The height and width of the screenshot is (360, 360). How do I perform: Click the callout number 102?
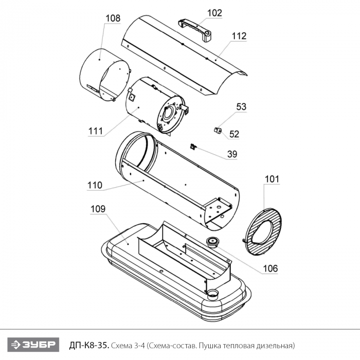tap(215, 13)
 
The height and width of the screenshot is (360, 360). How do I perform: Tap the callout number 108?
tap(113, 19)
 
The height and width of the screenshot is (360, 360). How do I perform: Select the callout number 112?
tap(239, 36)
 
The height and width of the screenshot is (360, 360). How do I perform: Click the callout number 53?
tap(241, 107)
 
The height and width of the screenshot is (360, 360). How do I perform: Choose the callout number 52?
tap(235, 134)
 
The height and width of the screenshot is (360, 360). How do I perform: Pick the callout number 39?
tap(232, 154)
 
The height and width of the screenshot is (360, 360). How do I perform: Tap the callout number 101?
tap(272, 179)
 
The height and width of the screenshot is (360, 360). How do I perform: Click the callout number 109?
tap(98, 209)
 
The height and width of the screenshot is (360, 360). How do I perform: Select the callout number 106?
tap(270, 268)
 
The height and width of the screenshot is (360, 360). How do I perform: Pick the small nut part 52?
tap(218, 130)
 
